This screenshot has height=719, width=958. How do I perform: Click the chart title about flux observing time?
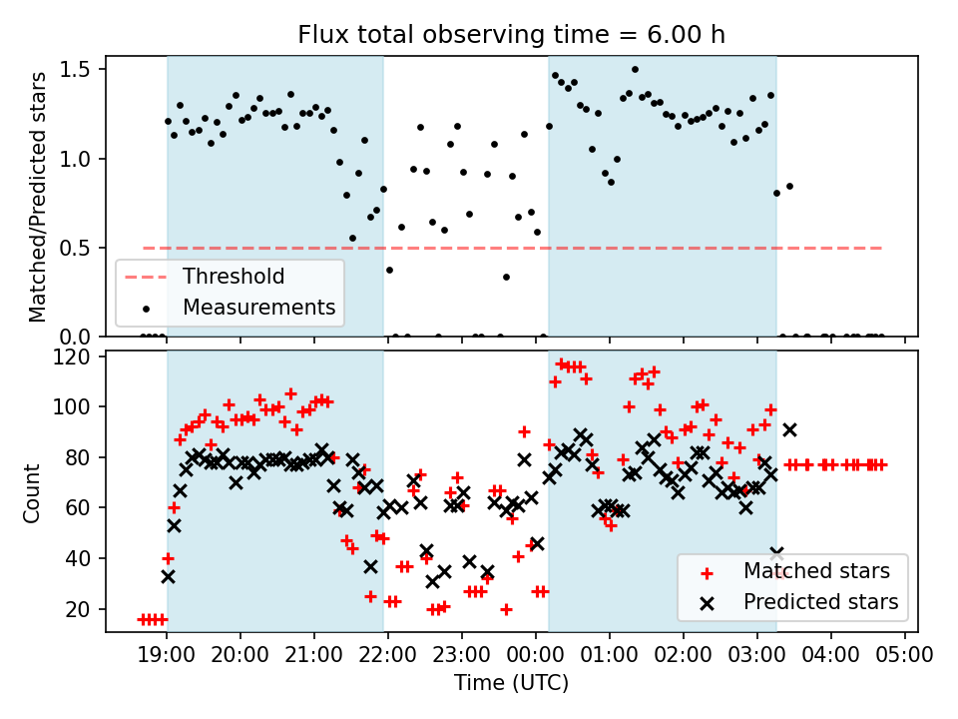[511, 34]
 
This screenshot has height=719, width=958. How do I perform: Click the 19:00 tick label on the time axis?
[167, 656]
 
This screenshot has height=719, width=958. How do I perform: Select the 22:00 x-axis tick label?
[388, 656]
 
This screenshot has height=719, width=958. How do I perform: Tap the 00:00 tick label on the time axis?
[536, 656]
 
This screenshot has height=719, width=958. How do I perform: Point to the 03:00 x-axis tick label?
[757, 656]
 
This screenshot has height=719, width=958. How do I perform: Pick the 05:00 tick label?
[905, 656]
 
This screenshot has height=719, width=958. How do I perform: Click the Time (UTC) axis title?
[511, 683]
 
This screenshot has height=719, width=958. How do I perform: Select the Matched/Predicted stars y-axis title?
[38, 197]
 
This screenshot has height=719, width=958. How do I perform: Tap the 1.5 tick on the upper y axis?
[76, 69]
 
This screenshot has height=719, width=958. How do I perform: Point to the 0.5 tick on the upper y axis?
[76, 248]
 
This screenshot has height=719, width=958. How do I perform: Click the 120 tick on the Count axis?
[76, 357]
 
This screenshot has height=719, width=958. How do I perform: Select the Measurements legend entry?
[257, 307]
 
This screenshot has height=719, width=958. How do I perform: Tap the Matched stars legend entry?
[816, 571]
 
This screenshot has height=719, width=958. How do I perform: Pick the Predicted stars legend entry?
[820, 602]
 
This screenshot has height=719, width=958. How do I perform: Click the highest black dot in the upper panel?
[635, 69]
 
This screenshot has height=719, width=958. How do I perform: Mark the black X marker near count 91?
[789, 429]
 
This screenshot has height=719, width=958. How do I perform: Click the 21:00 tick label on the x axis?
[314, 656]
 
